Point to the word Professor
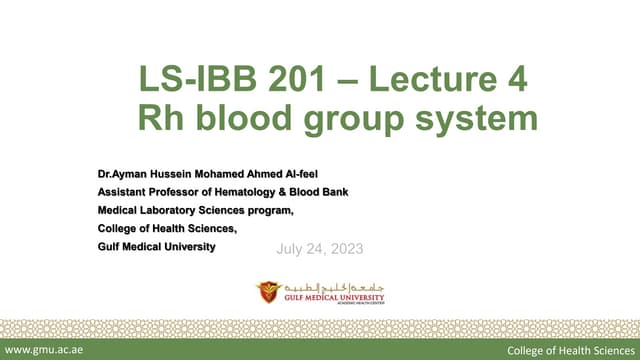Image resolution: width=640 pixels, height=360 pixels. pyautogui.click(x=176, y=192)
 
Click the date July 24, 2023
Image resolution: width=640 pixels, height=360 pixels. pyautogui.click(x=319, y=248)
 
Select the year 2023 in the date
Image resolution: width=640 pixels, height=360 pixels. pyautogui.click(x=346, y=248)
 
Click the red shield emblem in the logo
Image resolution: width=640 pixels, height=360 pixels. pyautogui.click(x=269, y=292)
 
